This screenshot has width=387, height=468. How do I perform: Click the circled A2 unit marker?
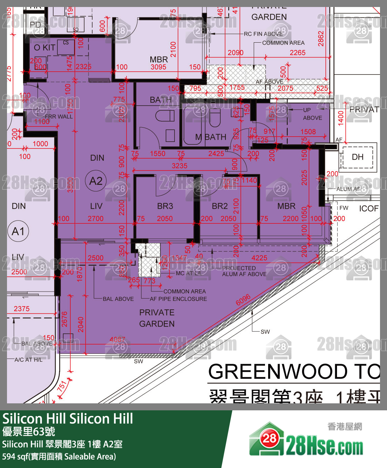coord(96,181)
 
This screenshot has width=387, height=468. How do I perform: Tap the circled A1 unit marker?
coord(18,231)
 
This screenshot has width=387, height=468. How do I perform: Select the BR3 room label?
coord(165,206)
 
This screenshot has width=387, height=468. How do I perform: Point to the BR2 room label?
coord(220,206)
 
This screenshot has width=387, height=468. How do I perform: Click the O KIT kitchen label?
coord(44,48)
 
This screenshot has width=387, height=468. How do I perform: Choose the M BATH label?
coord(210,137)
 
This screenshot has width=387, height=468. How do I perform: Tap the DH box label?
coord(357,157)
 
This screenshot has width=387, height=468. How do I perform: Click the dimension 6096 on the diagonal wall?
coord(243,300)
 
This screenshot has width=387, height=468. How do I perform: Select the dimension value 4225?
coord(259,258)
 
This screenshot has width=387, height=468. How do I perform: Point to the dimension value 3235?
coord(179,166)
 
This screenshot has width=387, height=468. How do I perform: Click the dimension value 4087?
coord(117,339)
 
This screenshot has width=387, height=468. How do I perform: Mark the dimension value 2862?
coord(321,38)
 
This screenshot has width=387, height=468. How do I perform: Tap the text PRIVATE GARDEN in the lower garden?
coord(157,318)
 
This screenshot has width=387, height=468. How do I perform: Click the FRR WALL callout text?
coord(59,116)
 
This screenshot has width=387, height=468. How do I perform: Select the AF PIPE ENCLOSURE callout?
coord(178,299)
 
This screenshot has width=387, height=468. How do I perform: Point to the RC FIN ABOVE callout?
coord(263,34)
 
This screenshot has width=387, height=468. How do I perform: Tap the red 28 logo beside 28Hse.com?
coord(269,439)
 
